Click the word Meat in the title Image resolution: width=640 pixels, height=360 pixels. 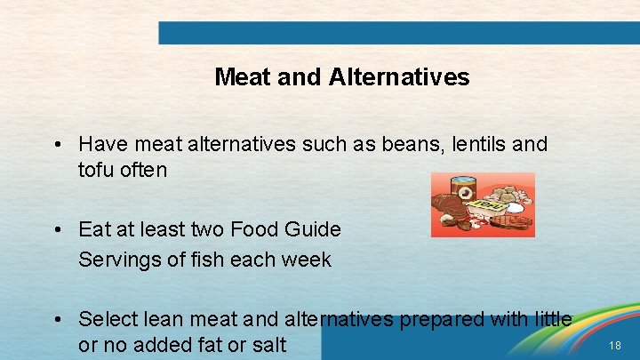pos(243,77)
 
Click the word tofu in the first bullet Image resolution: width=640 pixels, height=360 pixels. pos(94,170)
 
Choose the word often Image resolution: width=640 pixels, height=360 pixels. pos(141,170)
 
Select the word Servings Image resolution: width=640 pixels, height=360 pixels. pos(116,260)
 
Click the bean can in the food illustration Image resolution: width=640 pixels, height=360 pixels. pos(462,191)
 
